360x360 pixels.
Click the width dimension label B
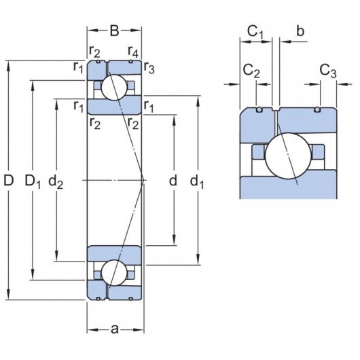click(x=114, y=30)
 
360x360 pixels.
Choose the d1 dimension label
click(x=197, y=181)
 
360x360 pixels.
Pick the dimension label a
click(x=114, y=329)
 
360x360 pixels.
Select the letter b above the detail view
click(x=300, y=31)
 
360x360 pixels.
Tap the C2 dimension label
click(x=251, y=71)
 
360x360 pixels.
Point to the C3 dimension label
click(x=327, y=71)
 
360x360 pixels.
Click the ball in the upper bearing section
click(x=114, y=87)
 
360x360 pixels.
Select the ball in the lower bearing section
click(x=113, y=272)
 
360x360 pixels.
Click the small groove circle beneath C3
click(x=318, y=110)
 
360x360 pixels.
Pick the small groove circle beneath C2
click(x=258, y=110)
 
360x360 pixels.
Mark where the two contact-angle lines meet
click(x=144, y=180)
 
